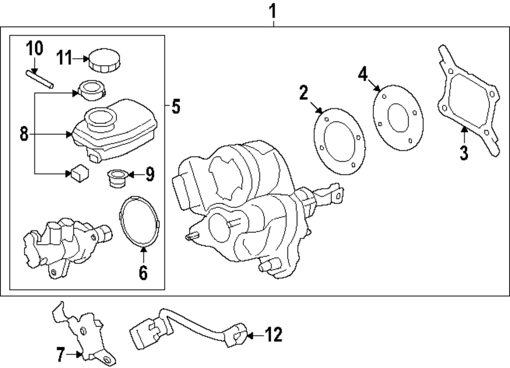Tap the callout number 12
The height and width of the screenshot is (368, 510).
tap(273, 335)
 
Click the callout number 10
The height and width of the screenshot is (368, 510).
tap(35, 49)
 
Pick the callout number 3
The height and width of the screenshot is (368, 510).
tap(463, 152)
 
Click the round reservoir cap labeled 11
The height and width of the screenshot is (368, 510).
tap(104, 60)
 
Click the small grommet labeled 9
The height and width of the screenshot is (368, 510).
tap(116, 178)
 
